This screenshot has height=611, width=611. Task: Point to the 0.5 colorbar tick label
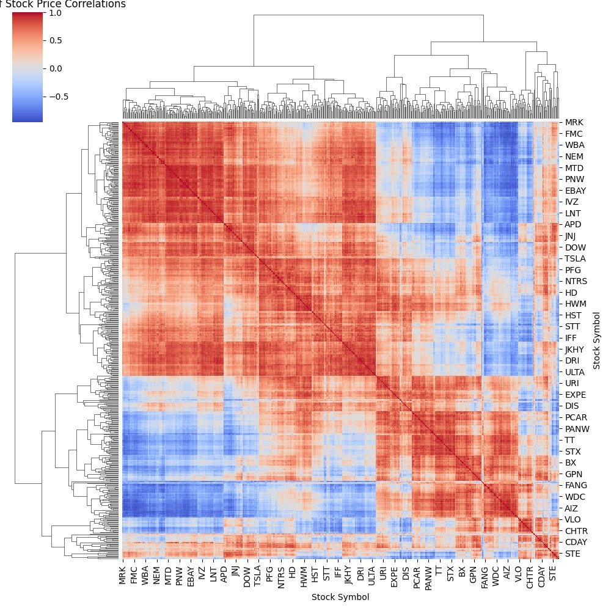[56, 40]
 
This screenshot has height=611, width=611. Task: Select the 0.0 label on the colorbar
[56, 68]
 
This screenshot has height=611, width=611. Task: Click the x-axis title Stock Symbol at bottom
[340, 596]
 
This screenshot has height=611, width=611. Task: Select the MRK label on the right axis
[574, 122]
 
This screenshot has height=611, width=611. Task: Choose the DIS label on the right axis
[571, 406]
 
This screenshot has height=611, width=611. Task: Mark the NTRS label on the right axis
[576, 281]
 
